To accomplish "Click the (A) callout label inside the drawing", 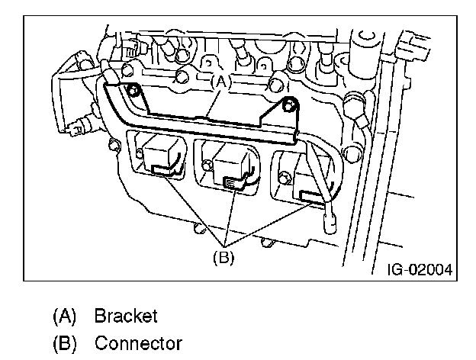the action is (x=221, y=82).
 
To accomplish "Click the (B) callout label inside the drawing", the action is (x=224, y=258).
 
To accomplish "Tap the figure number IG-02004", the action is (x=420, y=269).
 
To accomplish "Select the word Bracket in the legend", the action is (x=126, y=316).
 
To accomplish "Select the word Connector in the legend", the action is (x=138, y=343).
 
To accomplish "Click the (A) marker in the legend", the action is (x=64, y=317).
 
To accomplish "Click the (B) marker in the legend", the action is (x=65, y=344).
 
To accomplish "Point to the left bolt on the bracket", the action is (x=133, y=89).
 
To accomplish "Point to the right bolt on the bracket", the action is (x=288, y=104).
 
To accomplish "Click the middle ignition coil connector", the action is (x=233, y=183).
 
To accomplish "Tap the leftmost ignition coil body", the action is (x=160, y=156).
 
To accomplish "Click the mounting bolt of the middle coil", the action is (x=207, y=165).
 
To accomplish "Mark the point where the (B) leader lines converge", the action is (x=224, y=246).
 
